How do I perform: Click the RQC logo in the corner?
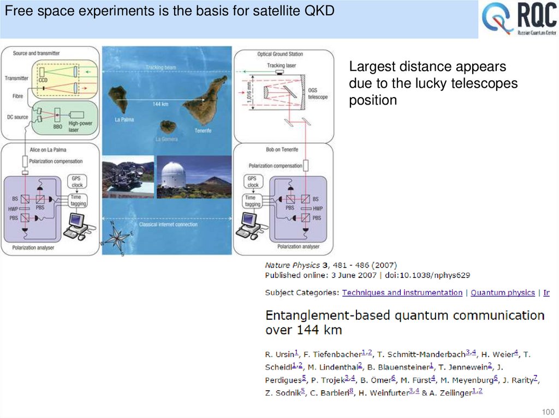pyautogui.click(x=519, y=20)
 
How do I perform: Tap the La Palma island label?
pyautogui.click(x=124, y=118)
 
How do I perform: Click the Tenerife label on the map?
pyautogui.click(x=202, y=131)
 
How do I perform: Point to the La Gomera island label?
pyautogui.click(x=167, y=138)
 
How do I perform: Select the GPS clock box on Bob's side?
pyautogui.click(x=252, y=181)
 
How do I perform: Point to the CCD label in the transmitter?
pyautogui.click(x=43, y=80)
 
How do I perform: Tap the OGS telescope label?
pyautogui.click(x=318, y=94)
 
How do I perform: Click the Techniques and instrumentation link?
pyautogui.click(x=402, y=293)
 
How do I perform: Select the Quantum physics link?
pyautogui.click(x=502, y=293)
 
